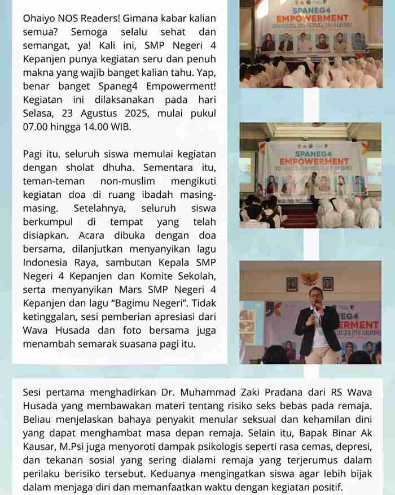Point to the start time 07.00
click(x=36, y=127)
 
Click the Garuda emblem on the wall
click(x=309, y=279)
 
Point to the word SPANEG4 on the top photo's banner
click(x=310, y=11)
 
